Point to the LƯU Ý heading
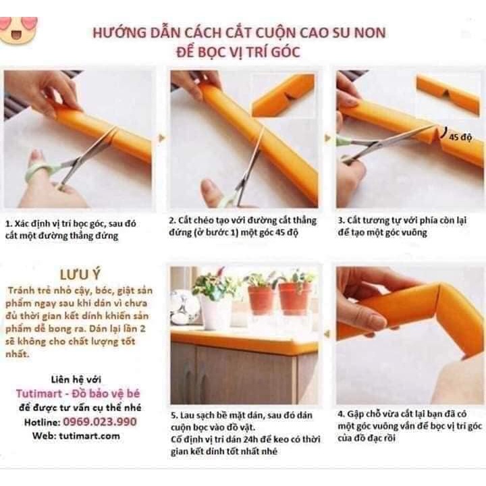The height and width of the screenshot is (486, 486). [x=80, y=275]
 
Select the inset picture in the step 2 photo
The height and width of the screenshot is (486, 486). [x=283, y=94]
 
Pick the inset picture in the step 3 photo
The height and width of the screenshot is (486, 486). [x=448, y=94]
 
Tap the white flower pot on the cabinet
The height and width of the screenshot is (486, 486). [x=216, y=312]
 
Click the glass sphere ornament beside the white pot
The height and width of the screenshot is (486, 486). [x=184, y=307]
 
